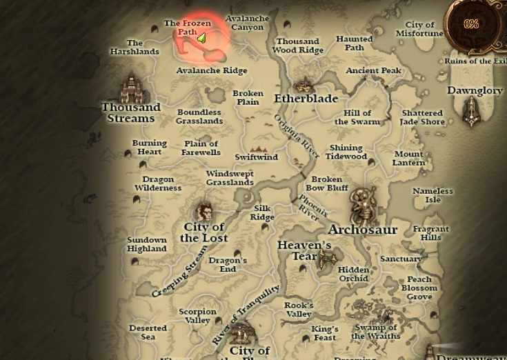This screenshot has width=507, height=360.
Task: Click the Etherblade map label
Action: click(306, 99)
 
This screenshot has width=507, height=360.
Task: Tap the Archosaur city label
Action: click(363, 230)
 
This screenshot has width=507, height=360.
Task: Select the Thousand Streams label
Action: click(131, 112)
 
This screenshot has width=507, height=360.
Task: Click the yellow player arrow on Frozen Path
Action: click(201, 39)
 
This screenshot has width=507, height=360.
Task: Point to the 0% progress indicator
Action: click(471, 24)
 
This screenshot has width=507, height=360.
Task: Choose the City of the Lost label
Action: click(204, 232)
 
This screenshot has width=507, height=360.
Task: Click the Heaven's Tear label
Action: click(304, 250)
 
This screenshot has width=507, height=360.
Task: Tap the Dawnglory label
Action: click(475, 91)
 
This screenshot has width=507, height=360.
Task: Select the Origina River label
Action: click(297, 136)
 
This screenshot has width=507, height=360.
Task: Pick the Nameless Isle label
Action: click(433, 195)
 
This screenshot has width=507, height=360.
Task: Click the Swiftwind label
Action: click(257, 157)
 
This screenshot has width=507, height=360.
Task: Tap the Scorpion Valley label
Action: click(198, 316)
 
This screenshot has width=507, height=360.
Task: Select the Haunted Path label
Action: click(355, 43)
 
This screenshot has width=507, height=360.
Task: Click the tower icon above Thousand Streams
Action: click(130, 88)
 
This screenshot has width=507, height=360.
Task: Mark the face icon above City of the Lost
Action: click(204, 211)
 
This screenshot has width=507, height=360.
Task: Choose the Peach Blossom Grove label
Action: click(419, 288)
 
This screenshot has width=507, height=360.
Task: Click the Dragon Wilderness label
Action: click(158, 183)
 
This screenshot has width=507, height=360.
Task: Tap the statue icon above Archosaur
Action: click(364, 204)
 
